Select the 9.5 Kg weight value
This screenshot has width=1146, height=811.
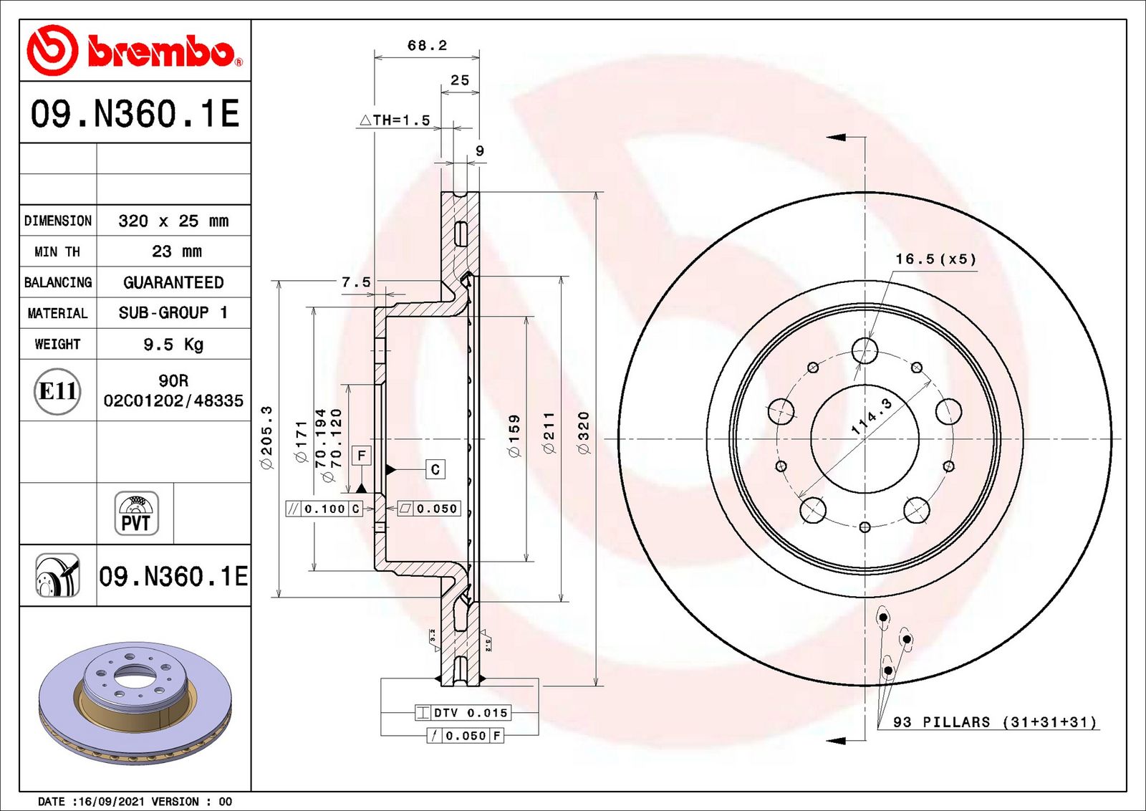(173, 345)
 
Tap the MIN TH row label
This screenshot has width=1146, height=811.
(57, 251)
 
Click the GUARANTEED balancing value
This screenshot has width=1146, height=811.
(173, 282)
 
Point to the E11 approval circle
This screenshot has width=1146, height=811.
(57, 391)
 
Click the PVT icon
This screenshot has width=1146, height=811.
(136, 513)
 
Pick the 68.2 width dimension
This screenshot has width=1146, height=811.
(427, 46)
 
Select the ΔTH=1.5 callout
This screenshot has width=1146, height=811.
(395, 120)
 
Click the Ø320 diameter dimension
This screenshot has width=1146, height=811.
(584, 432)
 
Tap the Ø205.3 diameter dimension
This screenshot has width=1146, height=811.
(267, 438)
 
